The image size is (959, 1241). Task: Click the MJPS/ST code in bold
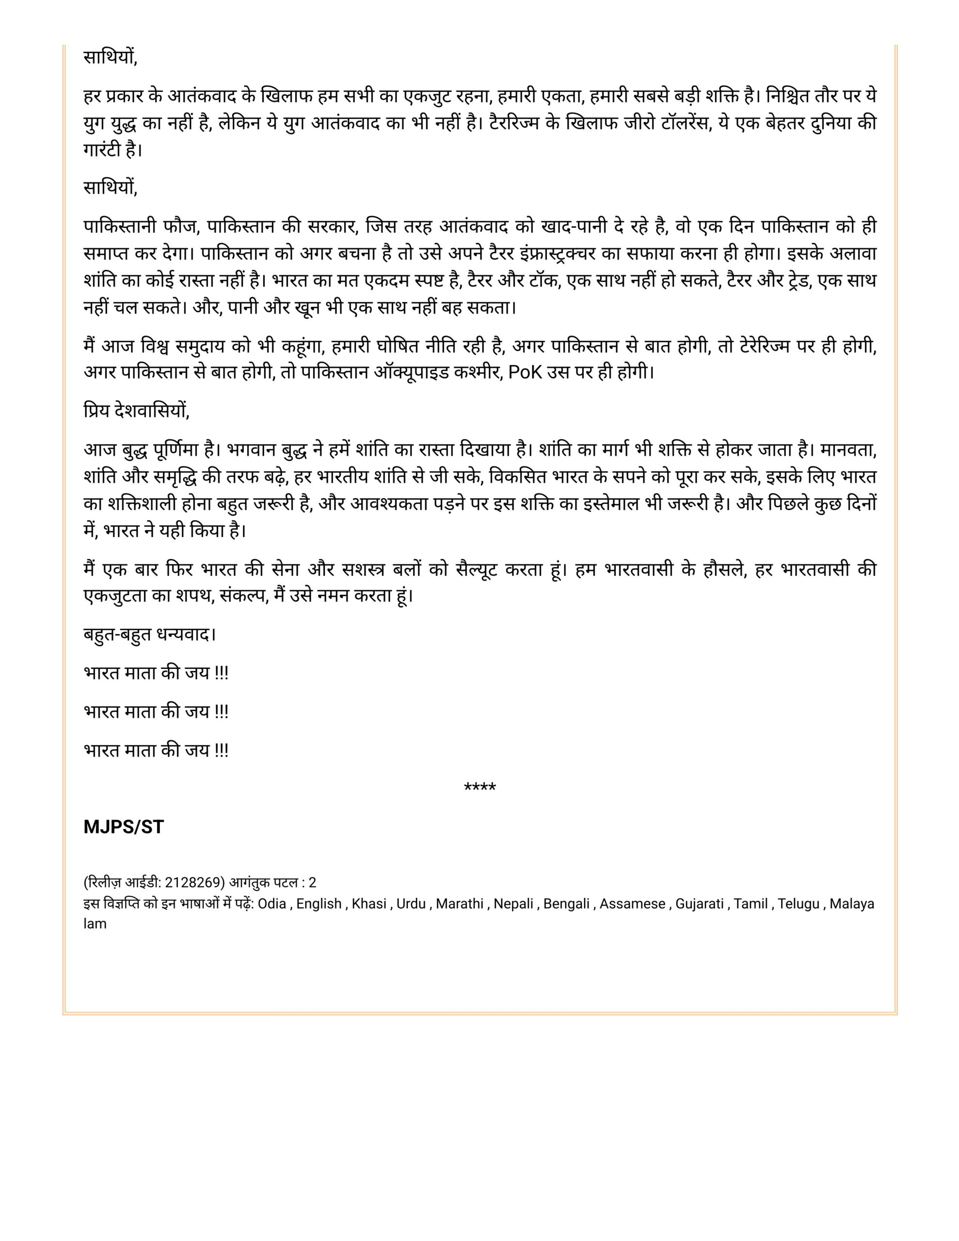[x=123, y=827]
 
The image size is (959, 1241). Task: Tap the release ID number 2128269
[x=192, y=882]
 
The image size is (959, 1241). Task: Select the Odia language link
[x=272, y=904]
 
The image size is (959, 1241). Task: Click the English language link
[x=319, y=904]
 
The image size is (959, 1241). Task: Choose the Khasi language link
[x=369, y=904]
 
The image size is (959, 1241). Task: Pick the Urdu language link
[x=411, y=904]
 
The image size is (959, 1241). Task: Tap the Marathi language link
[x=459, y=904]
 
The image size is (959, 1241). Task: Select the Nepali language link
[x=513, y=904]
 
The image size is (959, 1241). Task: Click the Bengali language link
[x=566, y=904]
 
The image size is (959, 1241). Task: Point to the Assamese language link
[x=632, y=904]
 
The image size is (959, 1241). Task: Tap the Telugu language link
[x=798, y=904]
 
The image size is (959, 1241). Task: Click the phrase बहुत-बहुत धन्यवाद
[x=149, y=634]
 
